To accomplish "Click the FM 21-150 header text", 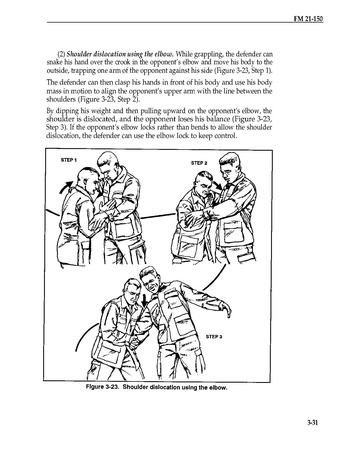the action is click(308, 19).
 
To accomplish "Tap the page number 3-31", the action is click(312, 423).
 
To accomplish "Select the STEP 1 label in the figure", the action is click(69, 160).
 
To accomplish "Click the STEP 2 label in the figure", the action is click(199, 163).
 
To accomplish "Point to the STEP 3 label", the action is click(214, 336).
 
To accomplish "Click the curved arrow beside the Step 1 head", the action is click(65, 187).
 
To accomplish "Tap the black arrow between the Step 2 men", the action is click(218, 184).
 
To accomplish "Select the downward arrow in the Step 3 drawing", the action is click(145, 299).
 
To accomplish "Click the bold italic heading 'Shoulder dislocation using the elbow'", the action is click(120, 54).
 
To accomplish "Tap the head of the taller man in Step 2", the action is click(230, 165).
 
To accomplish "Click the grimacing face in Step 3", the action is click(151, 282).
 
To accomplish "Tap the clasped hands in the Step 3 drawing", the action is click(135, 342).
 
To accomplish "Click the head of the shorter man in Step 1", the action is click(88, 181).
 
